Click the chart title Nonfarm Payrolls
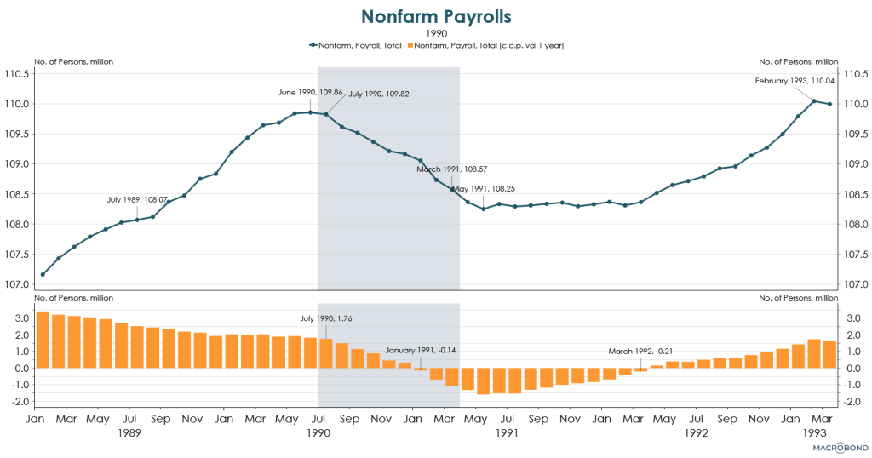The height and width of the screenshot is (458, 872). point(436,16)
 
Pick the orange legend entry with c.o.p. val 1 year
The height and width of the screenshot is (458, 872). point(488,45)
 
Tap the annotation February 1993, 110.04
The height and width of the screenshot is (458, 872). point(794,81)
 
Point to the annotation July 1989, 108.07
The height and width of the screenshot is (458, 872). point(137,199)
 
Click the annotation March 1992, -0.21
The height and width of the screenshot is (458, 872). point(641,351)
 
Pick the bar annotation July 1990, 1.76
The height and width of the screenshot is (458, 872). point(319,319)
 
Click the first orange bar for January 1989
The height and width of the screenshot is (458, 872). point(43,340)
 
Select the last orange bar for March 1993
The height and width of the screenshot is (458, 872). point(829,354)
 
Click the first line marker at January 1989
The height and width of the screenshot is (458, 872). point(43,274)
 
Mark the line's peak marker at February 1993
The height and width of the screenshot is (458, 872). point(814,101)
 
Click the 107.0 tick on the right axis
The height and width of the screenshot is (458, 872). point(854,284)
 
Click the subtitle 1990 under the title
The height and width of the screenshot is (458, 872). point(436,33)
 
